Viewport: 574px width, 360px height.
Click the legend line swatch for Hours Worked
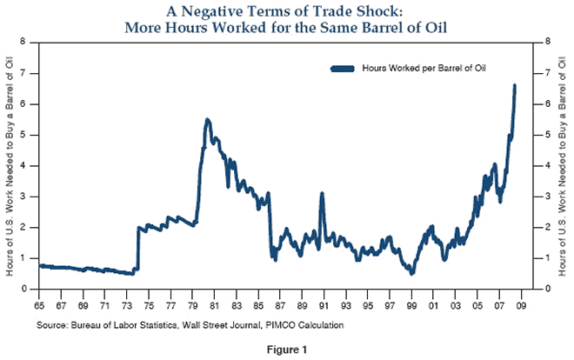(344, 68)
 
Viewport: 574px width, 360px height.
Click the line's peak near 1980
(207, 119)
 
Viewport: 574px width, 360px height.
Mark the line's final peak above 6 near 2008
(515, 85)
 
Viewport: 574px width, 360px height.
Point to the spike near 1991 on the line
(322, 194)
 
